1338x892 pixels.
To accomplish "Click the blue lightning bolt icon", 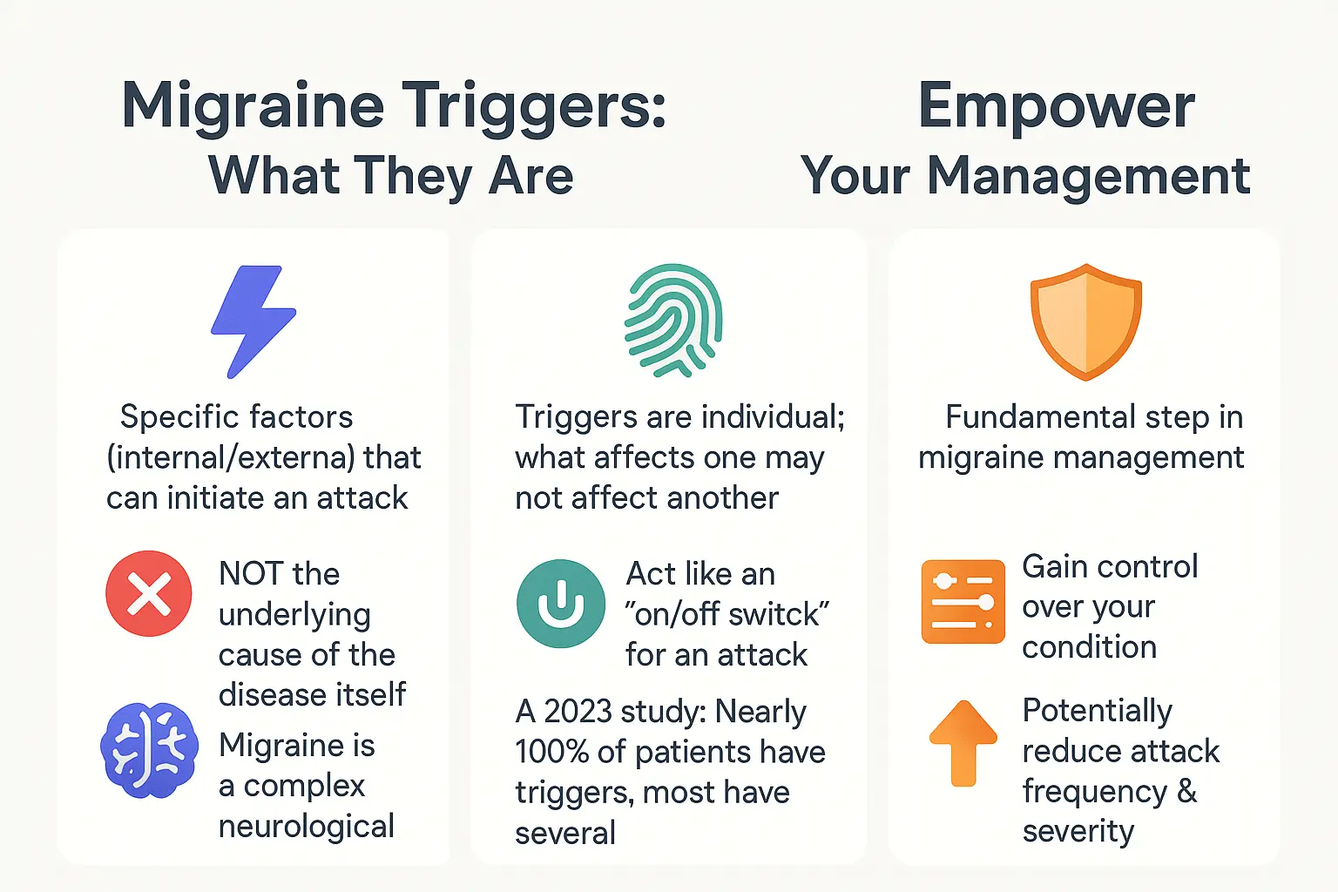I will click(x=253, y=321).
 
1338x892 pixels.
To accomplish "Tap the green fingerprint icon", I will click(x=673, y=320).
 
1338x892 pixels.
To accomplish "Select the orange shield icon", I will click(x=1085, y=321).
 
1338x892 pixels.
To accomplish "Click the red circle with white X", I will click(x=149, y=593).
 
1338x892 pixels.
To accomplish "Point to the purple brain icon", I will click(x=149, y=750).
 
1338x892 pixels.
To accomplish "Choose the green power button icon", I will click(x=560, y=604).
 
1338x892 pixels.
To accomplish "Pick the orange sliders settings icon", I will click(x=963, y=602).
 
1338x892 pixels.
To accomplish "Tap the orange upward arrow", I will click(x=963, y=743).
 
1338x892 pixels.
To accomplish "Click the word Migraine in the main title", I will click(x=253, y=106).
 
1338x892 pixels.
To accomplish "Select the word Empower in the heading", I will click(x=1056, y=106).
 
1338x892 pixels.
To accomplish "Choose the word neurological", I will click(x=306, y=826).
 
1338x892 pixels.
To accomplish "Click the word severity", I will click(x=1078, y=831).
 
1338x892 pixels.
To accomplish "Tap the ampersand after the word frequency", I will click(x=1186, y=791).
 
